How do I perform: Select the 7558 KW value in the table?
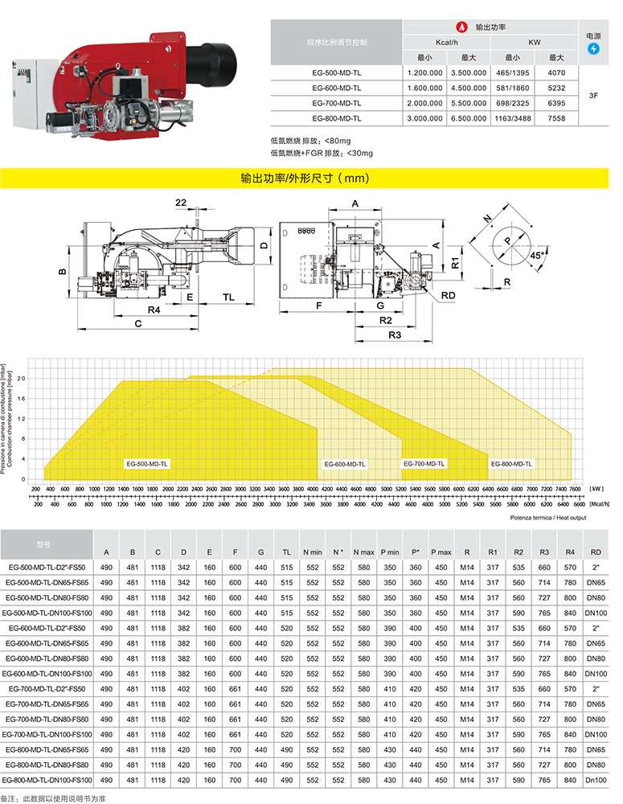[556, 118]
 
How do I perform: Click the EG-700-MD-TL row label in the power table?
[336, 103]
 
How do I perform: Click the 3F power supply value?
[594, 95]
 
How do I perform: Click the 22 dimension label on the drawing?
[180, 202]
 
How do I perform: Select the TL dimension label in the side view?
[229, 297]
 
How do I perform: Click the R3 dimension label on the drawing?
[395, 334]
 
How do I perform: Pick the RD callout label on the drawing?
[449, 296]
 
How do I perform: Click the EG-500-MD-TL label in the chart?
[147, 464]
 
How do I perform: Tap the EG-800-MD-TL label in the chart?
[512, 464]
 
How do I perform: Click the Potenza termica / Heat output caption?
[547, 518]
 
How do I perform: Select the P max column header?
[441, 552]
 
